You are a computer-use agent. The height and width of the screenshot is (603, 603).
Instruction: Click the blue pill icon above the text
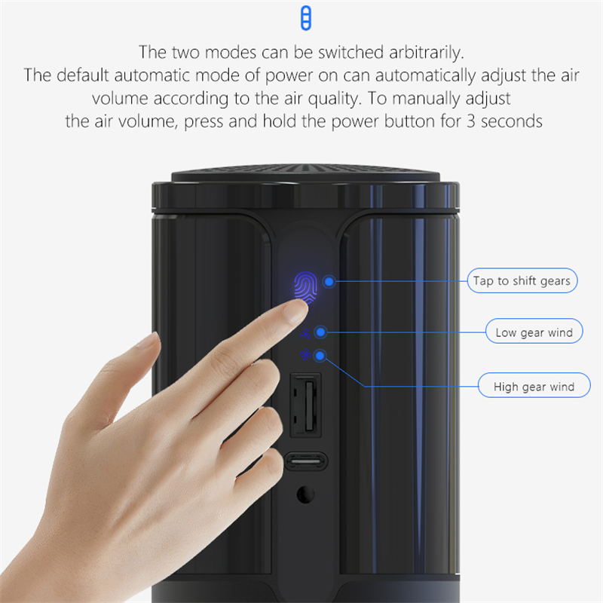[306, 18]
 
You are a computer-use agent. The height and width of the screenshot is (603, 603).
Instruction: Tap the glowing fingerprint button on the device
[306, 286]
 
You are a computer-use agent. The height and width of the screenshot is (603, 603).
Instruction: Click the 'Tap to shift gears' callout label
[522, 280]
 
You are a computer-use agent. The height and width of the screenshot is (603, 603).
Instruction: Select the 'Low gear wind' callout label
[534, 332]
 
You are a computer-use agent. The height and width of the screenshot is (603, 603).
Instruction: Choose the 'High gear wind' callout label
[534, 386]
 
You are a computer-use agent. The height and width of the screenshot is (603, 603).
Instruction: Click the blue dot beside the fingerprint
[329, 281]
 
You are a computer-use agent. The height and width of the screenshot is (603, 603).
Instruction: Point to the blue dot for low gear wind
[320, 332]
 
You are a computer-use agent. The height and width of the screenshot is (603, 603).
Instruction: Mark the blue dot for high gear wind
[320, 356]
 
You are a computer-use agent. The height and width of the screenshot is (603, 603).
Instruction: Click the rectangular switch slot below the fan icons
[306, 405]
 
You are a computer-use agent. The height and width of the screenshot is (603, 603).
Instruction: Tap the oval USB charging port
[306, 461]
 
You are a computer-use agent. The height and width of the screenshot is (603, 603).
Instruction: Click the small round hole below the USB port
[306, 494]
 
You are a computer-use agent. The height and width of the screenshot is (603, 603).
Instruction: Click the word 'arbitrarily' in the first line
[426, 53]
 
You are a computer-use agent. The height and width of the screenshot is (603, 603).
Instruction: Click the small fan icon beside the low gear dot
[306, 334]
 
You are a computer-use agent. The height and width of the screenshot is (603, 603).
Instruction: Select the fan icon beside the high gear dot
[305, 354]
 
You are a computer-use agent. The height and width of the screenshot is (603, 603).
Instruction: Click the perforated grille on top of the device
[306, 172]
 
